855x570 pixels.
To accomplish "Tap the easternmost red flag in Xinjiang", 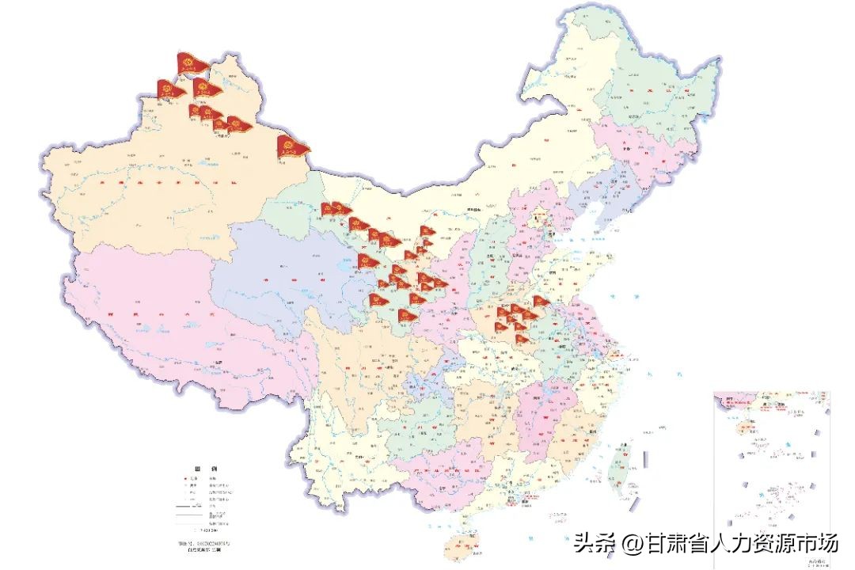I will point(293,146).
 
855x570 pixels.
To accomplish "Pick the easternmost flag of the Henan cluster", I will point(541,302).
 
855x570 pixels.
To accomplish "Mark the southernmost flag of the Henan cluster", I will point(522,340).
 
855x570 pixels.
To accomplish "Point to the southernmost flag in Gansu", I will point(406,316).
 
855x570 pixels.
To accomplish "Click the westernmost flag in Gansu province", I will point(330,209).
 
